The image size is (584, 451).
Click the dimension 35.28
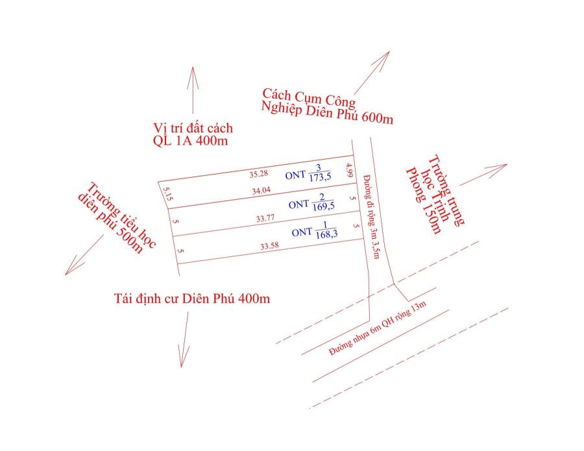[x=259, y=174]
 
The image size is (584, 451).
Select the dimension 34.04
[x=261, y=191]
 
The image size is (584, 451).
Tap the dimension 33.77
[x=265, y=218]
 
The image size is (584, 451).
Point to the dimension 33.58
[x=270, y=246]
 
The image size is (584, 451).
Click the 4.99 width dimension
[x=349, y=170]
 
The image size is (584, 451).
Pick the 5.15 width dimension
[x=167, y=193]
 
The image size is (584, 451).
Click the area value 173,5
[x=320, y=177]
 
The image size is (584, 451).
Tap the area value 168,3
[x=326, y=234]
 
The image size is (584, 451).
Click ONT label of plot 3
[x=295, y=175]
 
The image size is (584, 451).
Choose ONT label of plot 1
[x=302, y=233]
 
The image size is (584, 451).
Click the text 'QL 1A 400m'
[x=190, y=141]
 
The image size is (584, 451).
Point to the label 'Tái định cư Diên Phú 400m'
[x=192, y=299]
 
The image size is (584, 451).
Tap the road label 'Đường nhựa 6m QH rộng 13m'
[x=377, y=328]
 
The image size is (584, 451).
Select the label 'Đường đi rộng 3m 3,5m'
[x=371, y=216]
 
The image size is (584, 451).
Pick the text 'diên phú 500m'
[x=110, y=223]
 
